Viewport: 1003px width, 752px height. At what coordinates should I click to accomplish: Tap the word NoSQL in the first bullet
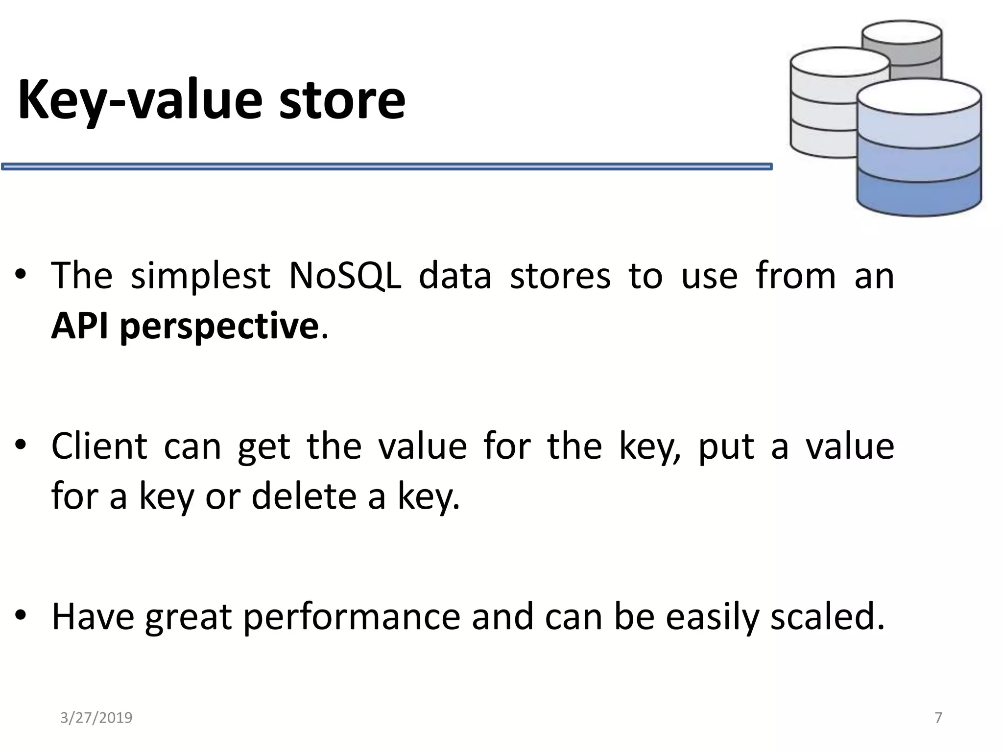[x=345, y=276]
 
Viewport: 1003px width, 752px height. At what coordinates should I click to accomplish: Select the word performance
[x=352, y=617]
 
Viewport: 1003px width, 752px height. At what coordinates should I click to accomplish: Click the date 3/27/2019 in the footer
[x=96, y=718]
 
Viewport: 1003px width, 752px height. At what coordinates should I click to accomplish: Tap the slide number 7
[x=938, y=718]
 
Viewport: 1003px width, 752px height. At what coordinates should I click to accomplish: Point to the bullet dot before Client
[x=20, y=445]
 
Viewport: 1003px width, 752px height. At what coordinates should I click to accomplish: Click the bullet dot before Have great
[x=20, y=614]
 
